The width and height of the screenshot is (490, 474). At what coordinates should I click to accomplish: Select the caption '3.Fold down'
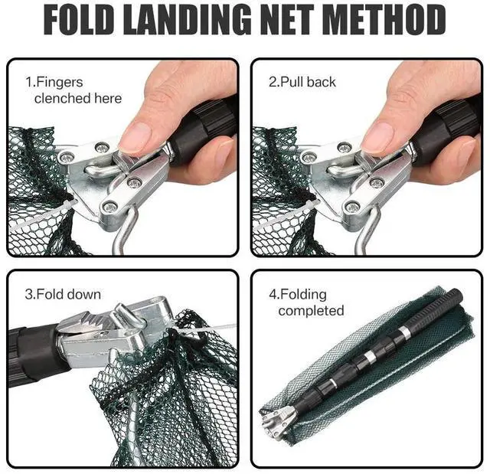[x=63, y=294]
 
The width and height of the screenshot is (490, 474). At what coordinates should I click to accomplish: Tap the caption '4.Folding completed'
[x=311, y=302]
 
